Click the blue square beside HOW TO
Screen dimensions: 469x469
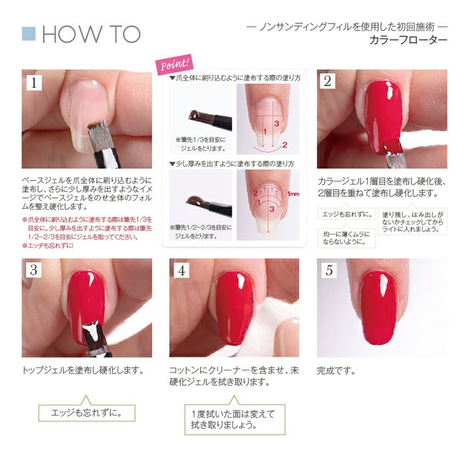coord(28,33)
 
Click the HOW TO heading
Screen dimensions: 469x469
coord(90,34)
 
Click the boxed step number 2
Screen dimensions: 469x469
coord(328,82)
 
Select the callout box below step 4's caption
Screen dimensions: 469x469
coord(230,419)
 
